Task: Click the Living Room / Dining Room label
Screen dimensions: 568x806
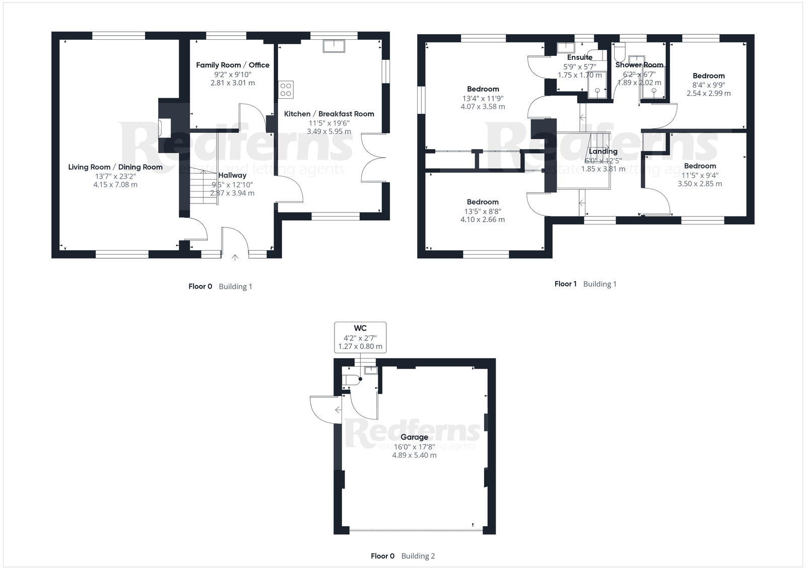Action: point(115,167)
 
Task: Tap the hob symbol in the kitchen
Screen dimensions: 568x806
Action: point(286,90)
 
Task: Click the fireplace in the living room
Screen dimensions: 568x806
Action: point(160,127)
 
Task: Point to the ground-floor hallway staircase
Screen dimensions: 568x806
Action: point(204,188)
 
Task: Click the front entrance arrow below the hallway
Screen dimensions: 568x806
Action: point(235,258)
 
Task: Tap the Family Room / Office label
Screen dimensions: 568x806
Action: point(232,65)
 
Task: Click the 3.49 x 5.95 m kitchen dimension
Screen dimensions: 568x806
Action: point(329,131)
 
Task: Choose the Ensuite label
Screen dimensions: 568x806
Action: point(579,57)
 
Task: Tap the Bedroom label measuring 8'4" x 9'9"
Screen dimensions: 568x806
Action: point(708,76)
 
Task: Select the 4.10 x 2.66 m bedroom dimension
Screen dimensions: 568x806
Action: point(482,220)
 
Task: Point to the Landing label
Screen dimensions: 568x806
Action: point(603,152)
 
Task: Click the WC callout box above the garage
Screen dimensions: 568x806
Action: point(360,337)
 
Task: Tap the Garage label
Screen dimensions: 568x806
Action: point(414,437)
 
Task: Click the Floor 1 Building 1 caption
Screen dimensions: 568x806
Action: point(585,284)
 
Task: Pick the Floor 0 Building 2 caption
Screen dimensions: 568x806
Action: point(402,556)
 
